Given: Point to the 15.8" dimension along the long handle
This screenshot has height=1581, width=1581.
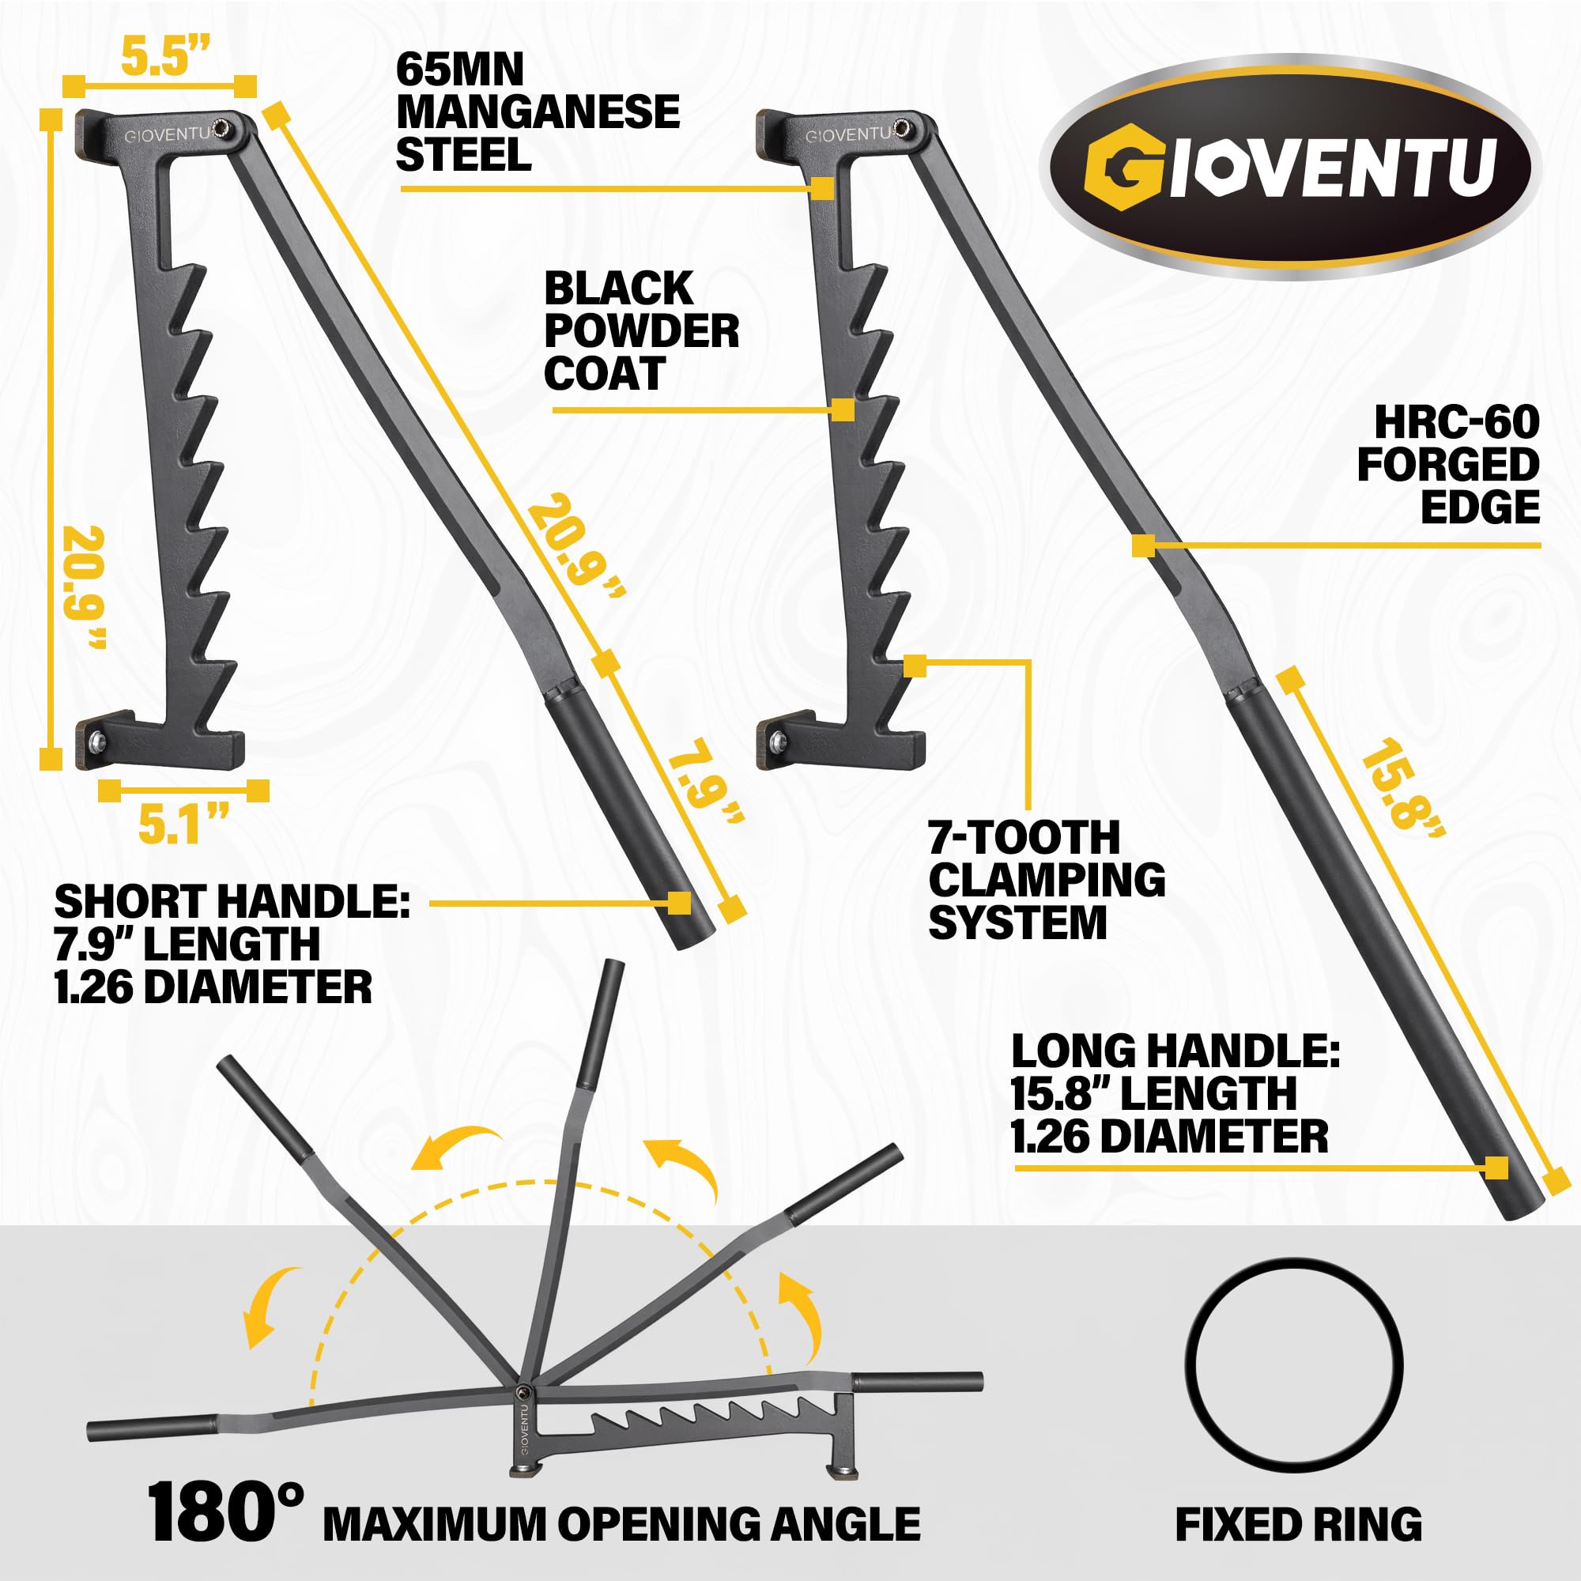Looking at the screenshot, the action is coord(1401,785).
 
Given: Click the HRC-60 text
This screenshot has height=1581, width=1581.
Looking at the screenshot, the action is coord(1457,422).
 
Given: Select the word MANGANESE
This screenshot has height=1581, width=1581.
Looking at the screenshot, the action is coord(538,112).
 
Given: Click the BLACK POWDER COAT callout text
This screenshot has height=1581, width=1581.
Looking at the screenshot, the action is coord(642,331).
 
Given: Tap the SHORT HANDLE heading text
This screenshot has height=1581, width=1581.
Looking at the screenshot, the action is coord(232,902).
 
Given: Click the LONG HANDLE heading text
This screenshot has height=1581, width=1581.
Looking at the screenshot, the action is coord(1175,1051).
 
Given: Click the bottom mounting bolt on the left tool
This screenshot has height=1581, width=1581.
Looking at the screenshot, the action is coord(99,741).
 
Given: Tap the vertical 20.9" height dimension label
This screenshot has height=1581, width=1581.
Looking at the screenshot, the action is coord(85,587).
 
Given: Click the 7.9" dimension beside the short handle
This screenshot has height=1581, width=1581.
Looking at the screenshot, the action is coord(704,781).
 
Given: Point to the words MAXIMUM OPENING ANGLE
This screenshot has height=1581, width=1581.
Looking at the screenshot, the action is coord(622,1524).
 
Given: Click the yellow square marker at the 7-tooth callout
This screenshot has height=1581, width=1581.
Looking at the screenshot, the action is coord(915,666).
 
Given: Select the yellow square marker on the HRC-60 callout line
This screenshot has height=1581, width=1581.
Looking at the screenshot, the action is coord(1143,545).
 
